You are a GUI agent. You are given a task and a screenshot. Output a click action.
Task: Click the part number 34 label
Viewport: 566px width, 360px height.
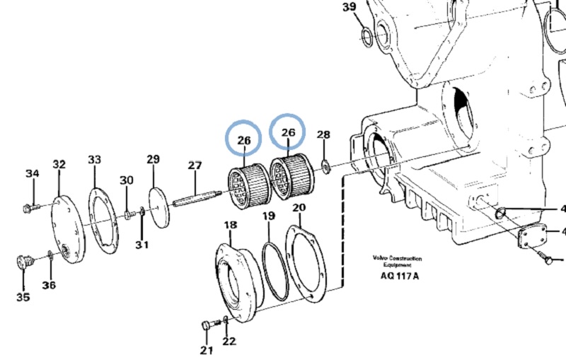point(33,174)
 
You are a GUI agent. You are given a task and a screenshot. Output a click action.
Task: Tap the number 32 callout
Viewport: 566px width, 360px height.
point(59,165)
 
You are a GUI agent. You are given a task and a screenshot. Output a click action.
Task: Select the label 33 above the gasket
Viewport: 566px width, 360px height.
point(94,161)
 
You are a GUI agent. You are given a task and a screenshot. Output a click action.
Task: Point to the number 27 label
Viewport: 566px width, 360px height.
point(195,166)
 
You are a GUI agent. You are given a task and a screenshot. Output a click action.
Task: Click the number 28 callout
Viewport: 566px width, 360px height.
point(323,135)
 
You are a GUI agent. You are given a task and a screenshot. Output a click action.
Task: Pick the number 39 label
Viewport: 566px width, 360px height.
point(350,7)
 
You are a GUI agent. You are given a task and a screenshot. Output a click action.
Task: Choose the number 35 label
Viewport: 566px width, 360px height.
point(23,297)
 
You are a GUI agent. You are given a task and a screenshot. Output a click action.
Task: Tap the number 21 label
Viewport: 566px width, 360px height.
point(205,350)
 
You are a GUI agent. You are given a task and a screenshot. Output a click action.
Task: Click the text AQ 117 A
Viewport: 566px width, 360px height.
point(395,276)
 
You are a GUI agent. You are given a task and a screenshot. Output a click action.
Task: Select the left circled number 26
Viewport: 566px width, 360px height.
point(244,141)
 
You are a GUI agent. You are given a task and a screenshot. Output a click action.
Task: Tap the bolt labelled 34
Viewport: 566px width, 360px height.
point(29,209)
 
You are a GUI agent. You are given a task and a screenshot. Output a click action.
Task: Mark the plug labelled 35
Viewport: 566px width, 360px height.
point(25,262)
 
